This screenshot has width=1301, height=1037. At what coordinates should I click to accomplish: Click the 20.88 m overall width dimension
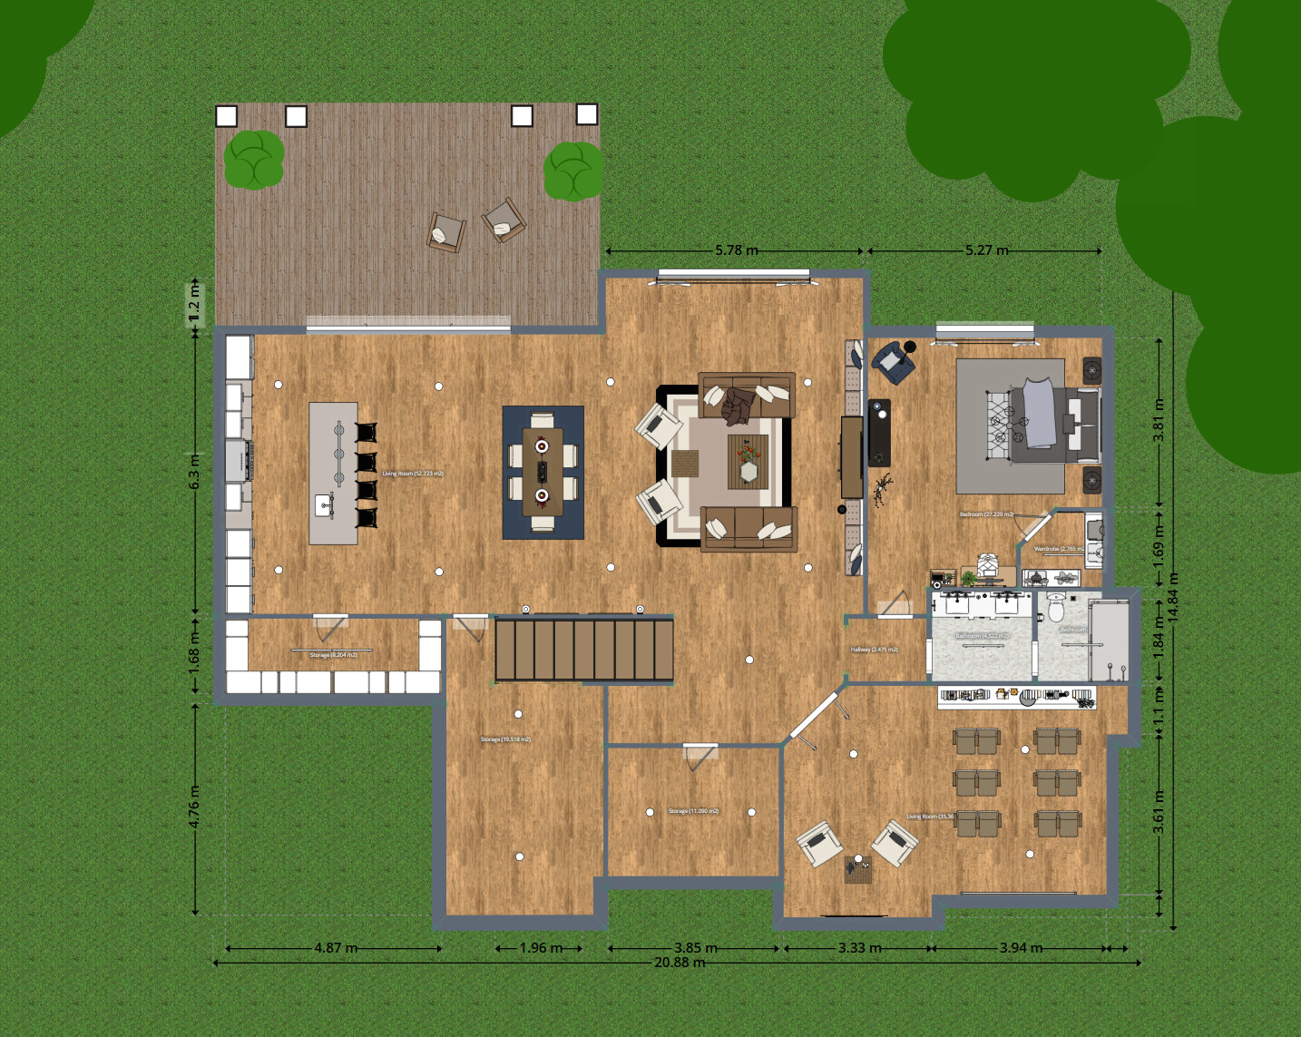pos(679,963)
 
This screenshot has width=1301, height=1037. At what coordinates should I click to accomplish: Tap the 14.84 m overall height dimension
pos(1173,596)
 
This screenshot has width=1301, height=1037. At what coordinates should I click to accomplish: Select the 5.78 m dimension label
pos(736,250)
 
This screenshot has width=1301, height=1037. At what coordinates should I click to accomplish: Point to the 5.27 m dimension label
pos(986,250)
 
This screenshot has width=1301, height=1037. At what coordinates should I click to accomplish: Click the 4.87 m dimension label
pos(336,948)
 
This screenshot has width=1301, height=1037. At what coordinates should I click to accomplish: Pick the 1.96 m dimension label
pos(541,948)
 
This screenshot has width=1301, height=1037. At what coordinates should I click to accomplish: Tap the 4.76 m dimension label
pos(194,806)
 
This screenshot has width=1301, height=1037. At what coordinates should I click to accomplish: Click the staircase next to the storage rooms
pos(584,649)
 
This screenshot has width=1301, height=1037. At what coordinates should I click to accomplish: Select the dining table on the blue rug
pos(543,471)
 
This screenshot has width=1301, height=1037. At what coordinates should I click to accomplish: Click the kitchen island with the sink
pos(334,473)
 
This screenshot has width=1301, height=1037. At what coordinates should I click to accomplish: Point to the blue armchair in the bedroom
pos(892,361)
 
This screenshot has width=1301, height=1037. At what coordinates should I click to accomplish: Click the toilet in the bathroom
pos(1056,608)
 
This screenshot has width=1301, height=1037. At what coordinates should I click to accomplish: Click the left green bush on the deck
pos(253,160)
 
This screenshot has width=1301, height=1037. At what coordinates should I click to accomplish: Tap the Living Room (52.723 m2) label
pos(413,474)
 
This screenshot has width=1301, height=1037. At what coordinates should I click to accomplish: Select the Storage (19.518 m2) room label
pos(505,739)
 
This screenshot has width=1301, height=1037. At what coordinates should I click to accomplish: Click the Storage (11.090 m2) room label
pos(693,811)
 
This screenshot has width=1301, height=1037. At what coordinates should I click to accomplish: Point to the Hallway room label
pos(874,650)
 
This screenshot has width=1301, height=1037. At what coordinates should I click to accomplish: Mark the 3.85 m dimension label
pos(695,948)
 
